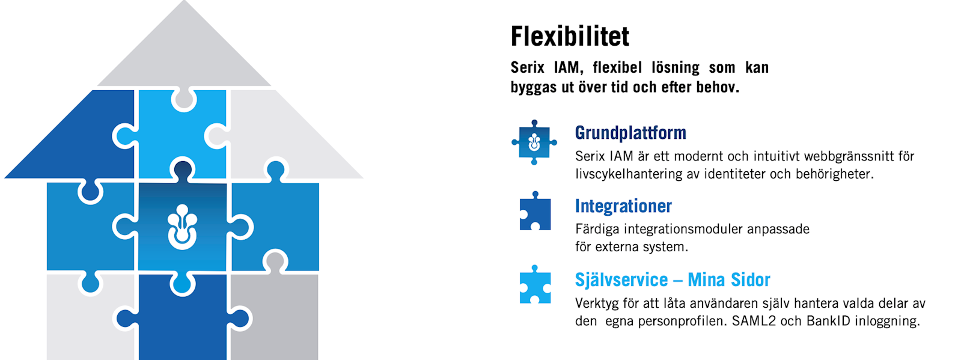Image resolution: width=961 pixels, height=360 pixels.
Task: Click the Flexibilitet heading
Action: coord(570,37)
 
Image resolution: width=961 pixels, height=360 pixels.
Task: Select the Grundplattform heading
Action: coord(630,133)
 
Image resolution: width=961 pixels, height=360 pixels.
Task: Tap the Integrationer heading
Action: coord(623,206)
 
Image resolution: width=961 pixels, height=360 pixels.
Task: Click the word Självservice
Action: coord(621,280)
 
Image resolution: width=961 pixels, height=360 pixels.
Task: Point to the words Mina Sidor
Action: coord(729,280)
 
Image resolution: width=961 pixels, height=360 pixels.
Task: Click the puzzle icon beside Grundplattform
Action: coord(534,142)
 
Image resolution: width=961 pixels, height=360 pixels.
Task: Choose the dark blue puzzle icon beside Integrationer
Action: coord(535,211)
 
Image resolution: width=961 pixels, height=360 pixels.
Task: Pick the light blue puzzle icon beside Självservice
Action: coord(535,284)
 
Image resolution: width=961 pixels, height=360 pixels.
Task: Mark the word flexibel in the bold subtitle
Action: coord(617,68)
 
